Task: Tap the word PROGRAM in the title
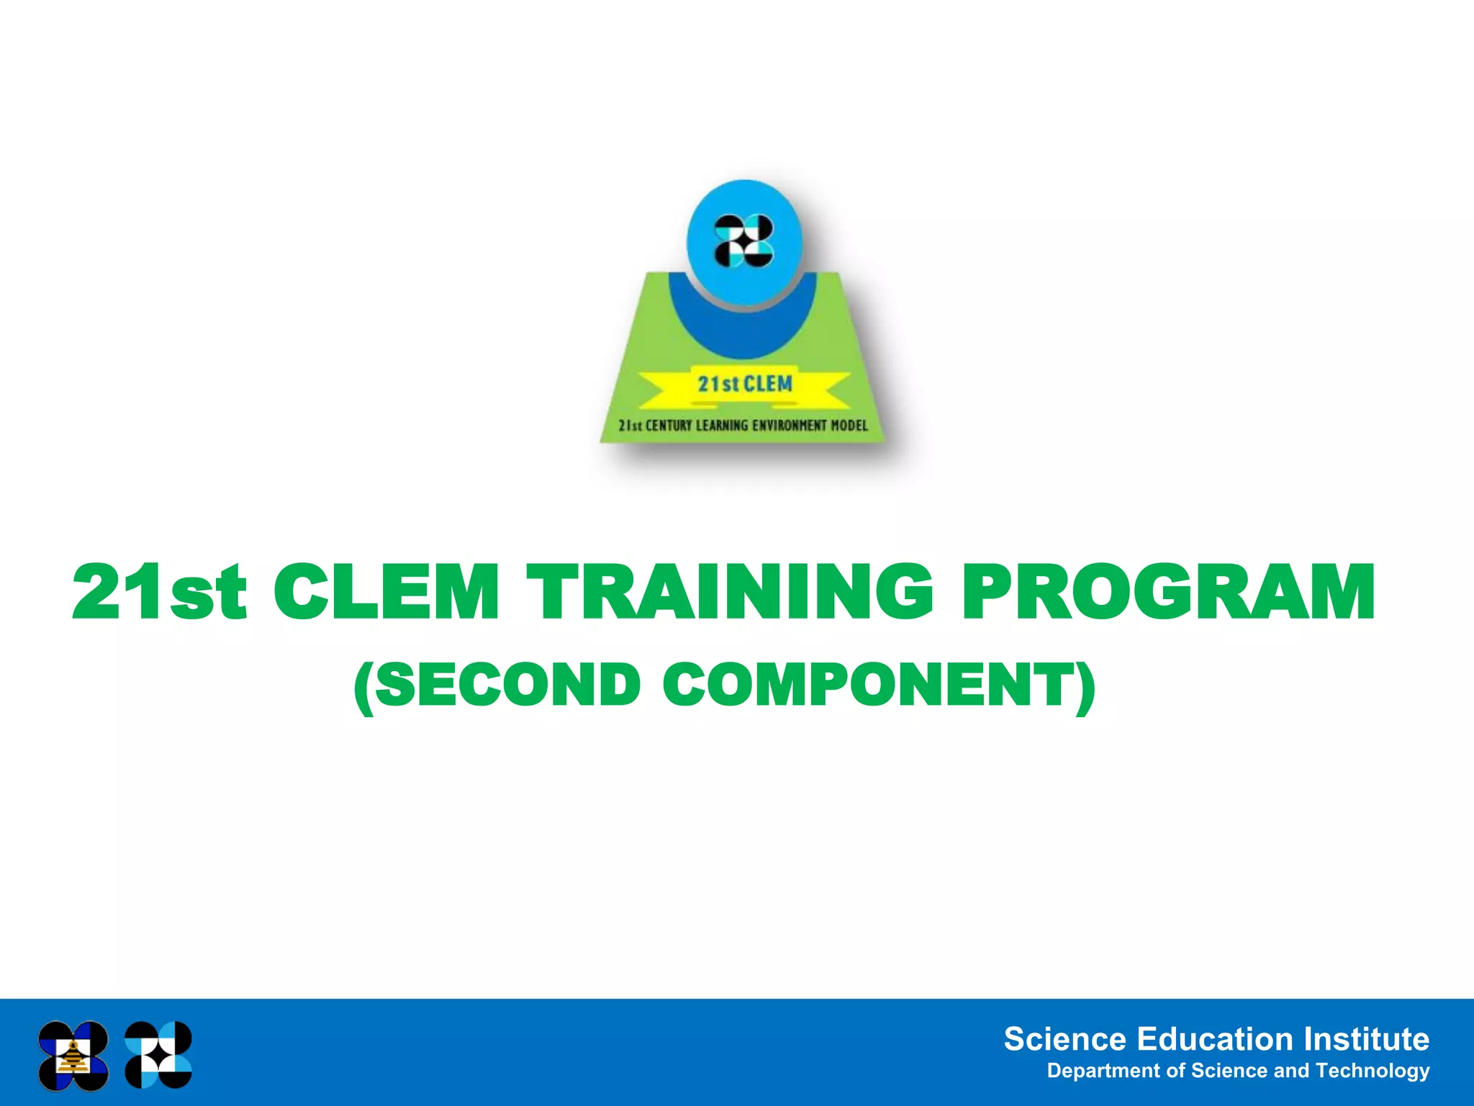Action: pos(1168,592)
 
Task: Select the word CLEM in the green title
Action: pos(386,592)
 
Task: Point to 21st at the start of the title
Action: pos(159,592)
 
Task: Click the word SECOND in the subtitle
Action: pos(507,685)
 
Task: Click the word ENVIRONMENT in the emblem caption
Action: pos(790,426)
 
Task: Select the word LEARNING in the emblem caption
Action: pos(722,426)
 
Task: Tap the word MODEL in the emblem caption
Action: pos(849,426)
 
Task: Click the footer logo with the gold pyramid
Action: pos(73,1056)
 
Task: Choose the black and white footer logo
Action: pos(158,1055)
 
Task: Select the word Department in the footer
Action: pos(1103,1071)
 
